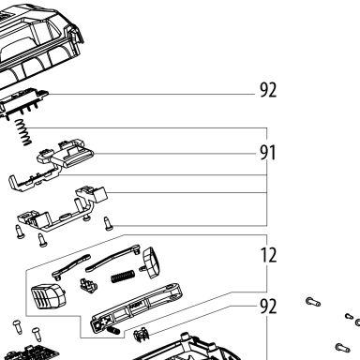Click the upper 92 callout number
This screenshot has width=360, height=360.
(x=268, y=90)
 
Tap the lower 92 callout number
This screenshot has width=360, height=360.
(x=268, y=307)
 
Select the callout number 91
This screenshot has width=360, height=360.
(x=268, y=153)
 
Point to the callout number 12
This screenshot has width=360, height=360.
(x=268, y=255)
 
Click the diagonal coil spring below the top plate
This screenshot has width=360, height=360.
(x=23, y=132)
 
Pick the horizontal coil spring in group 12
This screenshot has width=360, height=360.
(x=123, y=276)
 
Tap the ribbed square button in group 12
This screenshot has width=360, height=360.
(x=49, y=296)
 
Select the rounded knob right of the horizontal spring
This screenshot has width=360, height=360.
(x=150, y=262)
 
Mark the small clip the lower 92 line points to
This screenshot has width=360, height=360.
(x=141, y=334)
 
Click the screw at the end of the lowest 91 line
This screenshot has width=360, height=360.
(x=109, y=224)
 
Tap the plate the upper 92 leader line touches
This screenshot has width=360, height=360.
(x=23, y=101)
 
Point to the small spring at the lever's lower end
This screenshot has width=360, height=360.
(x=113, y=330)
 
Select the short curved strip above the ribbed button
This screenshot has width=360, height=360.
(x=71, y=266)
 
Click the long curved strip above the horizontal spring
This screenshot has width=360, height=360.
(x=112, y=257)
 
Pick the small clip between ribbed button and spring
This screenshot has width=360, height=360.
(x=88, y=285)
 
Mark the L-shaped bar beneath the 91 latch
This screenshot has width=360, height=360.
(x=33, y=181)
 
